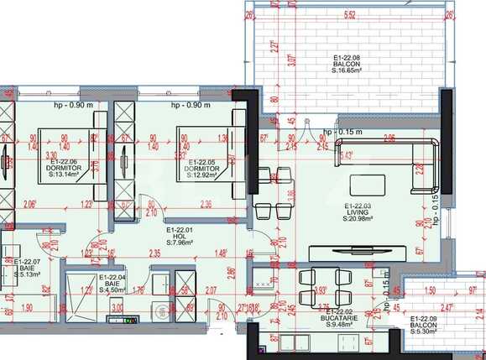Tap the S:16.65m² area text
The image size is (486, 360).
[x=346, y=73]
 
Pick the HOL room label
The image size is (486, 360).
[x=180, y=237]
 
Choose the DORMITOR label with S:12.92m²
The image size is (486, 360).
[x=205, y=169]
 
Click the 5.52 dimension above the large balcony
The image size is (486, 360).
[x=349, y=14]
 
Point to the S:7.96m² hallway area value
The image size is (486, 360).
[x=180, y=243]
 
